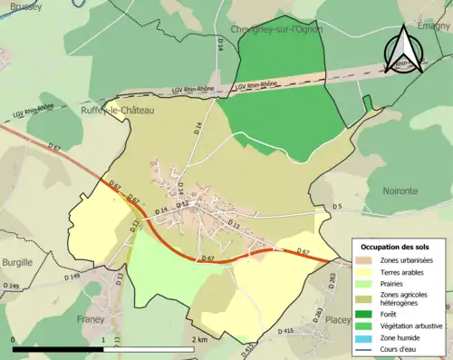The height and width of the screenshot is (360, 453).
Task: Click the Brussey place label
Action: coord(20,5)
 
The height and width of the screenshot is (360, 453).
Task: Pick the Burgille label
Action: coord(17,262)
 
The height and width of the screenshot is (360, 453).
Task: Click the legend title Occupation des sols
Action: coord(396,247)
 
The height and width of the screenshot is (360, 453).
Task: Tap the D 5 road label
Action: coord(336,208)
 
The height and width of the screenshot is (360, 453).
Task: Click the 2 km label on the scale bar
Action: coord(200,339)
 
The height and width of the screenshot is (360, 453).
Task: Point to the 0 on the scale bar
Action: coord(13,339)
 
